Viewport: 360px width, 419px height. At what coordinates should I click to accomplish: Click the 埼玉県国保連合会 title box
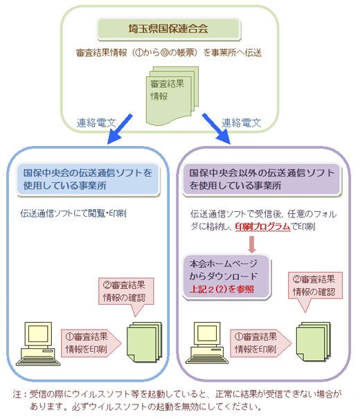(169, 29)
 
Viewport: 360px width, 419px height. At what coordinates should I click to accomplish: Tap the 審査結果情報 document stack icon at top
(172, 96)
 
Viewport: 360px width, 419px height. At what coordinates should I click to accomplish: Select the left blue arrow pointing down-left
(120, 129)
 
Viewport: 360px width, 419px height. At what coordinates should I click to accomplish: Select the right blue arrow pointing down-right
(216, 129)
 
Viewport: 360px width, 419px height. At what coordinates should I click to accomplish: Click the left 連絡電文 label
(96, 123)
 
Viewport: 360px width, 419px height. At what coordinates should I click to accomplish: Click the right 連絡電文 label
(241, 123)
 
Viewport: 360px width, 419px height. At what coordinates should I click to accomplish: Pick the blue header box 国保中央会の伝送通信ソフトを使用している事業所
(89, 179)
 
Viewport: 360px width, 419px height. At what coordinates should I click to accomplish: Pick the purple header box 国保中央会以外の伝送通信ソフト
(262, 179)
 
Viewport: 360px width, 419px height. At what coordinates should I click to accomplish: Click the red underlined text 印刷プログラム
(262, 226)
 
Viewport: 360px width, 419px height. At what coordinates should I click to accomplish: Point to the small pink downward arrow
(251, 244)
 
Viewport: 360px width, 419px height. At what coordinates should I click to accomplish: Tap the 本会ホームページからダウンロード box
(226, 277)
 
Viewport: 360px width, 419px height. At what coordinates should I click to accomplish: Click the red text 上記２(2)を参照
(222, 289)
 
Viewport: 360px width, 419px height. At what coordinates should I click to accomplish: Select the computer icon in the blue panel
(38, 344)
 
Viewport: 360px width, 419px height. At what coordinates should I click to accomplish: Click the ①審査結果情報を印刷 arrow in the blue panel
(91, 343)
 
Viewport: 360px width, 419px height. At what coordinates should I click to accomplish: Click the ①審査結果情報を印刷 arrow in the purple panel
(261, 343)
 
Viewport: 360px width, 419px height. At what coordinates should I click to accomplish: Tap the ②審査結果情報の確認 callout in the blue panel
(126, 294)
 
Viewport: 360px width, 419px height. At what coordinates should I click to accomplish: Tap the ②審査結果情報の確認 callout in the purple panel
(315, 289)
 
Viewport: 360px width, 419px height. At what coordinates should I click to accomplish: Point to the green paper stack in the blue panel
(144, 342)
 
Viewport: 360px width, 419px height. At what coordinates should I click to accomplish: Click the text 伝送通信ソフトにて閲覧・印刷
(73, 213)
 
